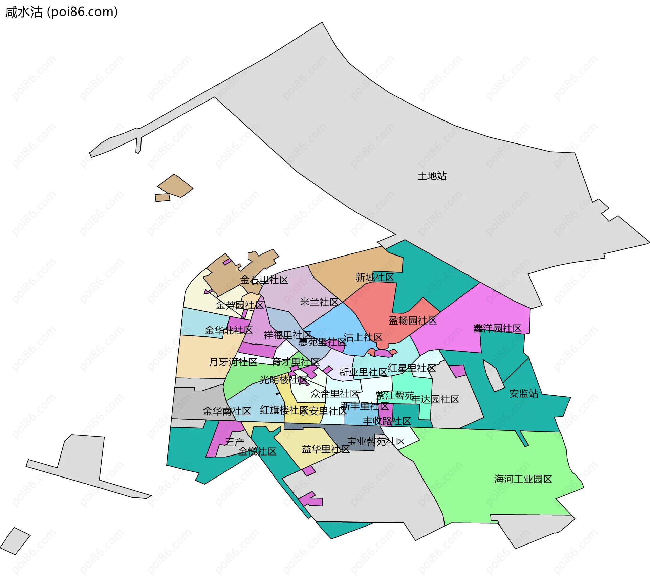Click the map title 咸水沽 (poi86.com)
click(x=61, y=12)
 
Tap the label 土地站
click(x=432, y=176)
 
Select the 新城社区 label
click(x=375, y=278)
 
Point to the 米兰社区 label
click(x=319, y=302)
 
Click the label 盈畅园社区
click(x=413, y=320)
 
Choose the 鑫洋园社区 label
click(x=497, y=328)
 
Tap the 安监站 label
click(x=524, y=393)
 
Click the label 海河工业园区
click(x=523, y=479)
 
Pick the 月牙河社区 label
click(x=233, y=362)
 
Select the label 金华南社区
click(x=227, y=412)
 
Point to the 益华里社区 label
click(x=325, y=449)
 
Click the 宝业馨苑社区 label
click(x=376, y=442)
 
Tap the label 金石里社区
click(x=264, y=280)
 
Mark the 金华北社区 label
click(x=229, y=330)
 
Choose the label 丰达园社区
click(x=435, y=399)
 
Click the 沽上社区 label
click(x=363, y=337)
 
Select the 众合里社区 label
click(x=334, y=394)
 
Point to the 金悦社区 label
click(x=257, y=451)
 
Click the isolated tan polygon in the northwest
click(x=175, y=186)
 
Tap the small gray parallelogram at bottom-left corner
click(x=15, y=541)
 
